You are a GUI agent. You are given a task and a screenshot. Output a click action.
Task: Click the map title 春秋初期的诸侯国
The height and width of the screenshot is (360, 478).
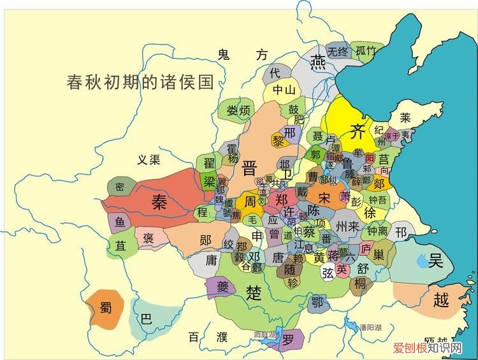[x=140, y=82]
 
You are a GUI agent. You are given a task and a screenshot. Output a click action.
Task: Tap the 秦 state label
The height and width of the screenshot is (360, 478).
[x=159, y=202]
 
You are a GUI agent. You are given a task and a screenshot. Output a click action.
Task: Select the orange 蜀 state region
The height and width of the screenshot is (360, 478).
[x=105, y=308]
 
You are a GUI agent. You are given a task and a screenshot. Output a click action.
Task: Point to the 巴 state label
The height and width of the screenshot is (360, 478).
[x=146, y=319]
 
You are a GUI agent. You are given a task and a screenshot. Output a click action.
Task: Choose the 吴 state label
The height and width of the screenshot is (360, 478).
[x=436, y=260]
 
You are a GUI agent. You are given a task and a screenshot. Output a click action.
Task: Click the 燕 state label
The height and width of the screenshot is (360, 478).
[x=317, y=62]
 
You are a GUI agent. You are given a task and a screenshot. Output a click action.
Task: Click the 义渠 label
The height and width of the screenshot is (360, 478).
[x=148, y=160]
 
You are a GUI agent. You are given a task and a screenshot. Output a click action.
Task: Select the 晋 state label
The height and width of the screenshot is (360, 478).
[x=249, y=168]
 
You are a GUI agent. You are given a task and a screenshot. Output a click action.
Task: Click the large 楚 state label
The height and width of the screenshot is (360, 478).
[x=254, y=292]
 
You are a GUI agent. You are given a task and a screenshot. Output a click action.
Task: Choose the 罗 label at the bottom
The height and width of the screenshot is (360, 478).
[x=289, y=340]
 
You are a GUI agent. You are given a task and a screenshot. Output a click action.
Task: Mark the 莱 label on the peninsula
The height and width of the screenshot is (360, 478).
[x=405, y=118]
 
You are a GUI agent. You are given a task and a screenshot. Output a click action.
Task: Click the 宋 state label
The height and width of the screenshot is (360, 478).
[x=324, y=198]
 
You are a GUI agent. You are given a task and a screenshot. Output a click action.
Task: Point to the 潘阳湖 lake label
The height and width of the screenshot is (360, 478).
[x=369, y=327]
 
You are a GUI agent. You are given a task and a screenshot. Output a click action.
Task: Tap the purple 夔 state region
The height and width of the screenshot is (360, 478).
[x=222, y=286]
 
